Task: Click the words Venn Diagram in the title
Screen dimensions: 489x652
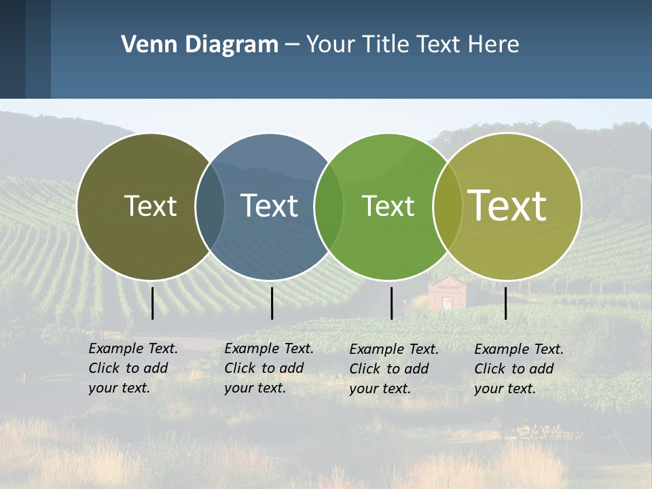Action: coord(199,45)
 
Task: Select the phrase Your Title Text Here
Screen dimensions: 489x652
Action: coord(412,45)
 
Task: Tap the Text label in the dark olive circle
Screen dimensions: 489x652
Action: coord(150,206)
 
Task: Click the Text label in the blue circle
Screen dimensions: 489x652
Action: coord(269,206)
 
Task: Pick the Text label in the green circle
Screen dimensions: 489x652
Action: coord(388,206)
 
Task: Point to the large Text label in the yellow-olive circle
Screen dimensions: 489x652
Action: coord(507,206)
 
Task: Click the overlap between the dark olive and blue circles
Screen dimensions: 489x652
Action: coord(210,206)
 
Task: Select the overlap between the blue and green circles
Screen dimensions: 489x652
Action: coord(329,206)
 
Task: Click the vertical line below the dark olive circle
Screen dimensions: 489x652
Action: coord(153,303)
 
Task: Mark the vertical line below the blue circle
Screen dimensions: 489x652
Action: coord(272,303)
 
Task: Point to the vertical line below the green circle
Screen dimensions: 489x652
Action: coord(391,303)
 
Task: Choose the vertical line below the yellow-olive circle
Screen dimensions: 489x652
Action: coord(505,303)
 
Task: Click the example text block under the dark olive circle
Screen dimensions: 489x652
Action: coord(133,368)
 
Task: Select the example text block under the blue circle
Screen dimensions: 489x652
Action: coord(269,368)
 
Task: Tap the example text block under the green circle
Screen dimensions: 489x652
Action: coord(394,369)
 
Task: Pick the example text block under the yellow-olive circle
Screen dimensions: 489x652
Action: coord(519,369)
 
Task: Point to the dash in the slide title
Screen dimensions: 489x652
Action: coord(292,46)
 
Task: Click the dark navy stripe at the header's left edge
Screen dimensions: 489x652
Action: coord(12,49)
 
